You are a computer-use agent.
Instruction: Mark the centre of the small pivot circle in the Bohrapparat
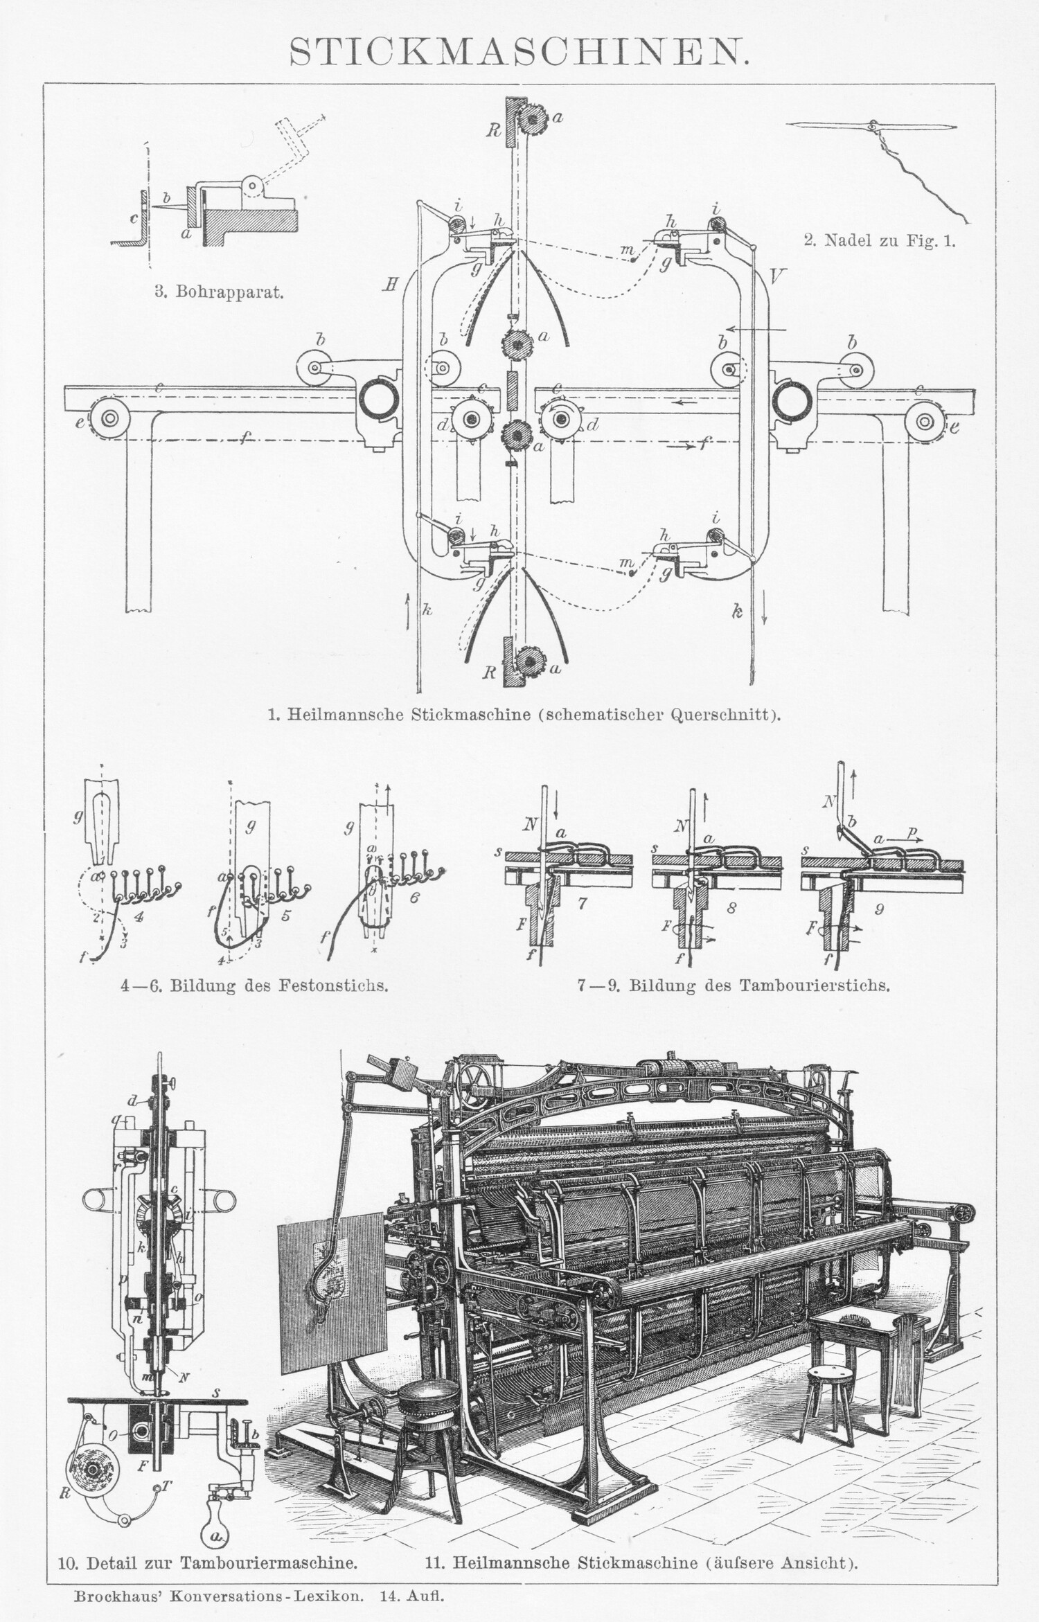coord(252,185)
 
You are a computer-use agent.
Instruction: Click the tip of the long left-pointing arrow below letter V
coord(721,329)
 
